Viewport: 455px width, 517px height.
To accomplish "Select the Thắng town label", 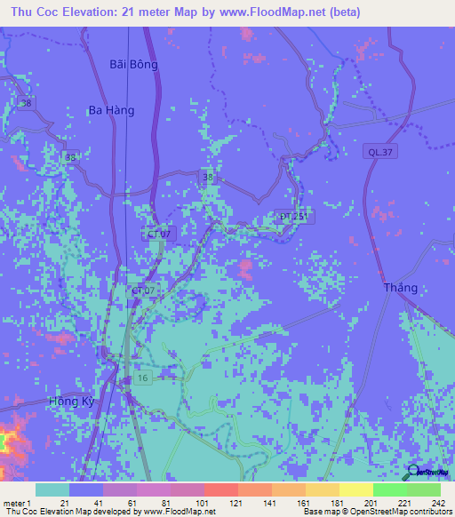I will click(x=400, y=288).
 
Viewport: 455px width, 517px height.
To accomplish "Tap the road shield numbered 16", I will click(x=142, y=378).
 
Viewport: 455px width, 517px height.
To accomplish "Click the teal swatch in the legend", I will click(x=52, y=489).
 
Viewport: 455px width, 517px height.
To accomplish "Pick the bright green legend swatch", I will click(x=389, y=489).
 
